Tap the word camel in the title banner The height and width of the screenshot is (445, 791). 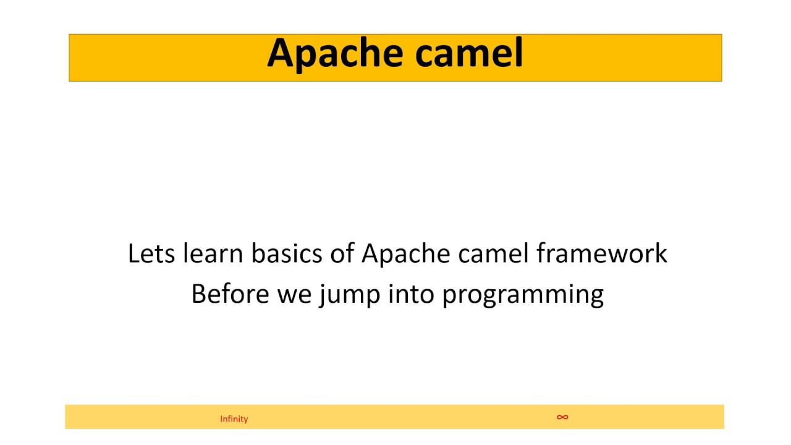469,53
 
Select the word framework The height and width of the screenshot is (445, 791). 602,254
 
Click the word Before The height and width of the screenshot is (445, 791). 230,294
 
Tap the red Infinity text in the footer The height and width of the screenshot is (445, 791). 234,419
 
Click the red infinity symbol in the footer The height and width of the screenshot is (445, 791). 562,417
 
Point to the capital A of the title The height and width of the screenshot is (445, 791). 279,53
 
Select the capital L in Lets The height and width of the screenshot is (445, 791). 133,253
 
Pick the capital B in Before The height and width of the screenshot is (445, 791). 198,294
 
